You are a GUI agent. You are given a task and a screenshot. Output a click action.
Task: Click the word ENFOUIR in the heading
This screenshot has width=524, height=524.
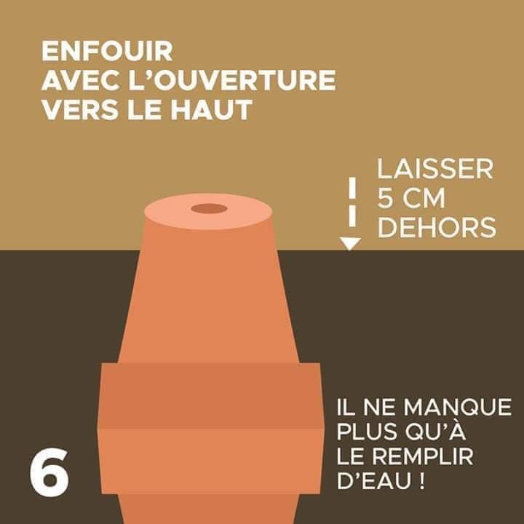(107, 51)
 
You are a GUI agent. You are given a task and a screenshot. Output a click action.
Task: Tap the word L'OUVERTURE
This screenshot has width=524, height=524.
(232, 80)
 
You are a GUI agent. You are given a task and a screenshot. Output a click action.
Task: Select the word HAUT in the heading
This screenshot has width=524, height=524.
(212, 109)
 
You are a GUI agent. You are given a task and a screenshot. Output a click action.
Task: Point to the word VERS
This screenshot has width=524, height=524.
(81, 109)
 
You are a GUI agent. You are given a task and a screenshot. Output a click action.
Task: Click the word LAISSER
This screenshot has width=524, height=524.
(435, 169)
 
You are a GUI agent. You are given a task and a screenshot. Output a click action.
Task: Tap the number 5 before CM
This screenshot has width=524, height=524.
(385, 199)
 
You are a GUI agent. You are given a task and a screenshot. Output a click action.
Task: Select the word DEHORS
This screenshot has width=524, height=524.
(437, 228)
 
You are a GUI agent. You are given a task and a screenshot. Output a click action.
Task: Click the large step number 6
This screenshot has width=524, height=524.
(49, 472)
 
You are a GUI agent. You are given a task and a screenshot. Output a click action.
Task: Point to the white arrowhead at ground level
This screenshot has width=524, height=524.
(350, 243)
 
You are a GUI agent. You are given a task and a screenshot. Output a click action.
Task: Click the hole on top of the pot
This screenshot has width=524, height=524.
(209, 209)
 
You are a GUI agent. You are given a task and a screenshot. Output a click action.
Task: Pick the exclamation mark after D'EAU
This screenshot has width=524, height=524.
(421, 481)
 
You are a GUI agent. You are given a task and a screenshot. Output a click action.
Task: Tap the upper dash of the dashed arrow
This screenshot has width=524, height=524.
(352, 188)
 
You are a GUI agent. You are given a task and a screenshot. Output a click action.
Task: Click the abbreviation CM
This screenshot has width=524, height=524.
(424, 199)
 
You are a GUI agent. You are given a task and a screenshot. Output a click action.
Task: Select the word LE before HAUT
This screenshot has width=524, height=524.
(147, 109)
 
